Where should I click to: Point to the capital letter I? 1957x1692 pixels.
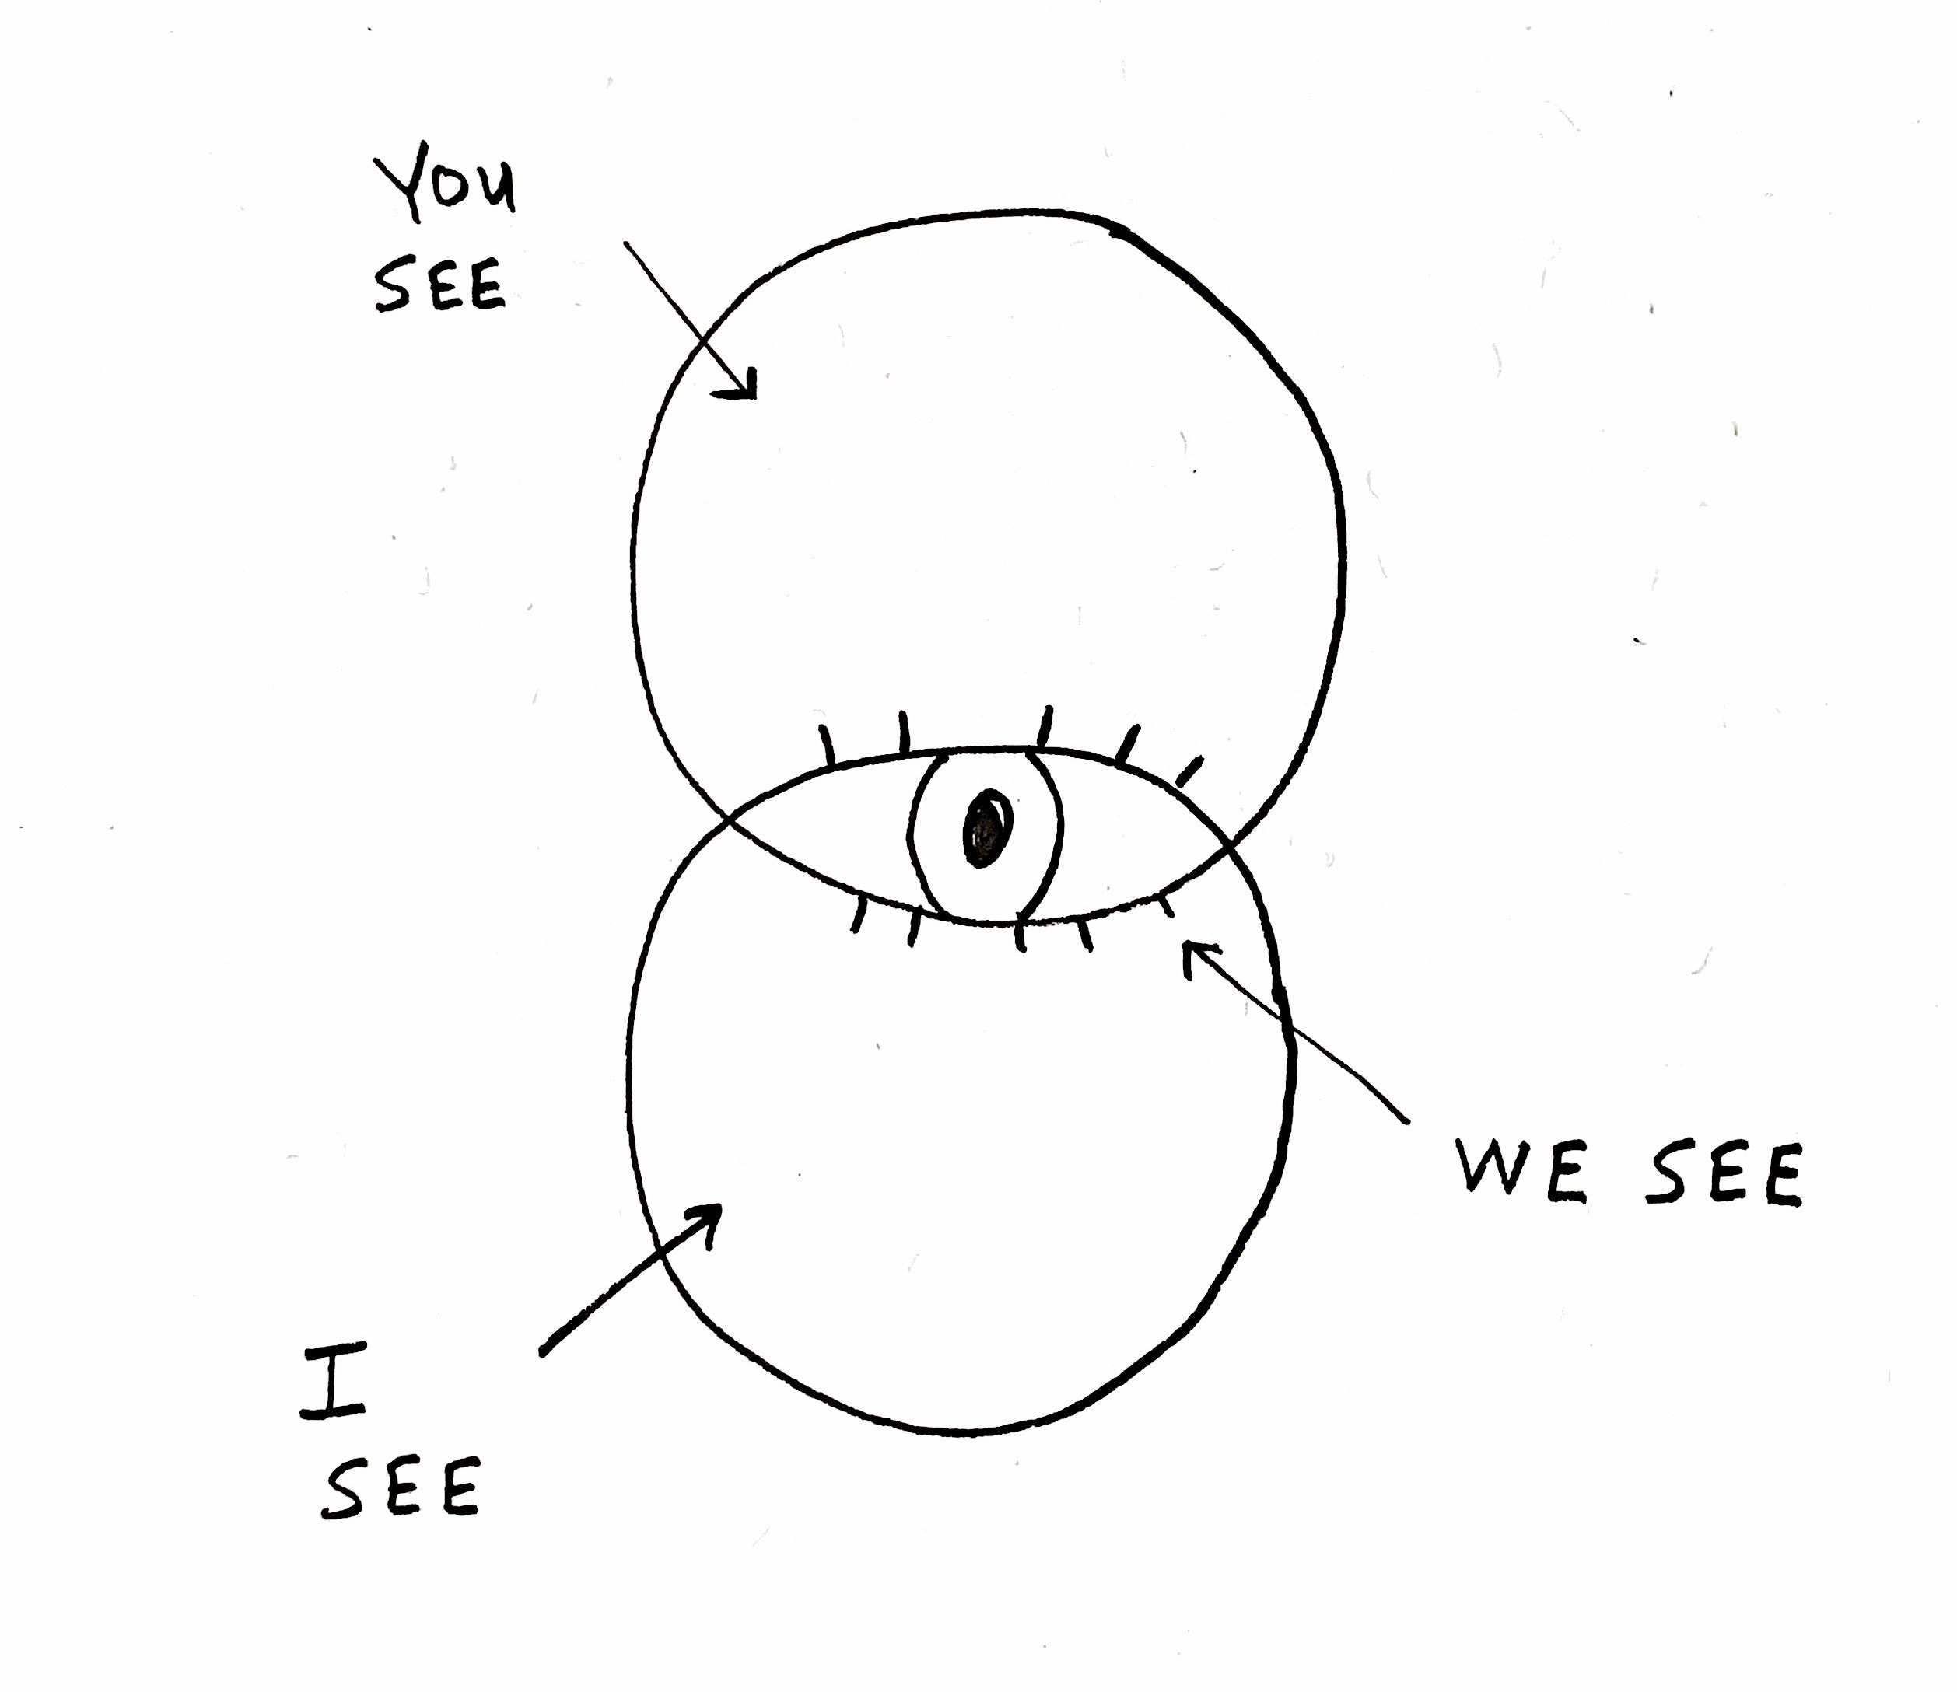click(331, 1384)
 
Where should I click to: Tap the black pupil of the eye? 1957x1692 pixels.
click(987, 829)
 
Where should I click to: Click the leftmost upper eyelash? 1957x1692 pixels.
click(828, 744)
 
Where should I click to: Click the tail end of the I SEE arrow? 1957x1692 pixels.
click(543, 1353)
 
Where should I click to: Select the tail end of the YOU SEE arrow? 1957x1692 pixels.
click(626, 243)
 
